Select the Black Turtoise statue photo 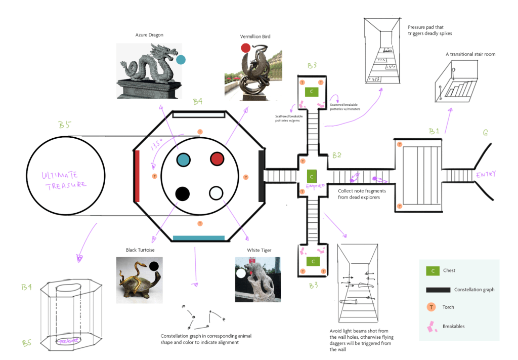(136, 280)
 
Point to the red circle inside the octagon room (217, 159)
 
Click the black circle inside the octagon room (183, 193)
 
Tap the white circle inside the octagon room (216, 193)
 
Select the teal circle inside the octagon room (183, 159)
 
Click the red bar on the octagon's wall (137, 175)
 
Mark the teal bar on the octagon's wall (199, 237)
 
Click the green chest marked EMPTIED (312, 176)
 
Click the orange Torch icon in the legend (431, 307)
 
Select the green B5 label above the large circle (64, 125)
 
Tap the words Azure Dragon (149, 35)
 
